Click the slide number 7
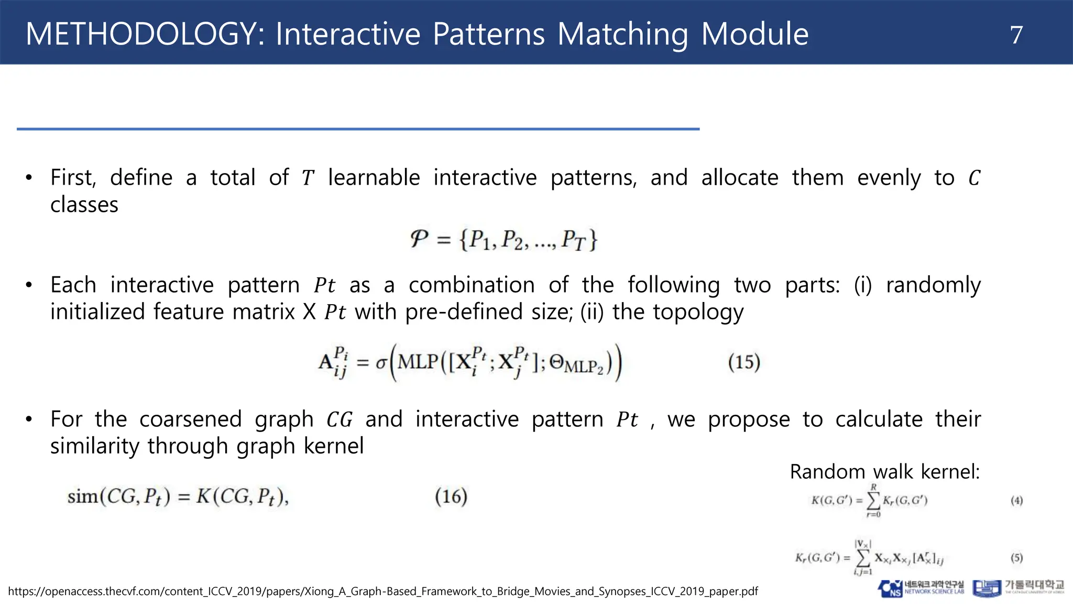pyautogui.click(x=1016, y=35)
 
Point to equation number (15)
pyautogui.click(x=743, y=362)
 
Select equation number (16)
pyautogui.click(x=451, y=496)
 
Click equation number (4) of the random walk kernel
pyautogui.click(x=1016, y=501)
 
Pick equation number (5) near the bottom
pyautogui.click(x=1016, y=558)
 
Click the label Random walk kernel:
pyautogui.click(x=884, y=472)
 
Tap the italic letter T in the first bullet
pyautogui.click(x=308, y=178)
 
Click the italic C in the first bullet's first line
pyautogui.click(x=974, y=178)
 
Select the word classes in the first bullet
pyautogui.click(x=84, y=204)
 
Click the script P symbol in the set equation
pyautogui.click(x=419, y=239)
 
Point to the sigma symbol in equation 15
pyautogui.click(x=381, y=363)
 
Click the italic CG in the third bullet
pyautogui.click(x=339, y=420)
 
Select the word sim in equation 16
pyautogui.click(x=82, y=496)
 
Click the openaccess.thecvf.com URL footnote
pyautogui.click(x=383, y=591)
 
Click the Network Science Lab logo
pyautogui.click(x=921, y=588)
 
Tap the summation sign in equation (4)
pyautogui.click(x=873, y=501)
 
